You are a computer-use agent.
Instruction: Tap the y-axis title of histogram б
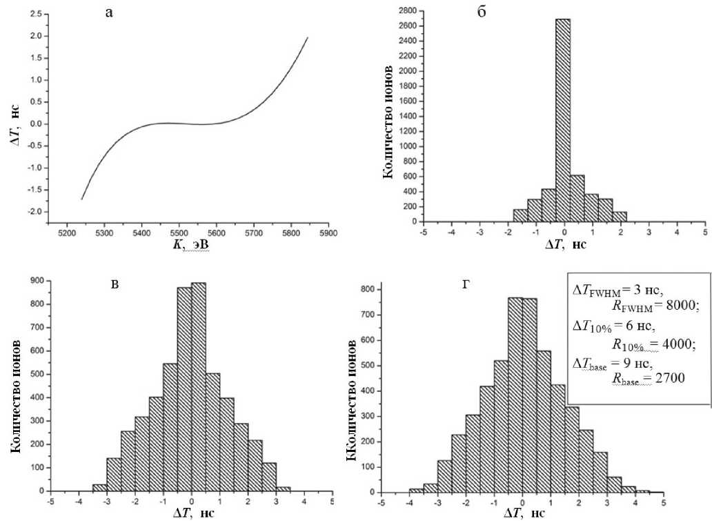coord(390,122)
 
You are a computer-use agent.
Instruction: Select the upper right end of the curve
coord(307,37)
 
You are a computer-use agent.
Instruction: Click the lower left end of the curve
coord(82,199)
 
